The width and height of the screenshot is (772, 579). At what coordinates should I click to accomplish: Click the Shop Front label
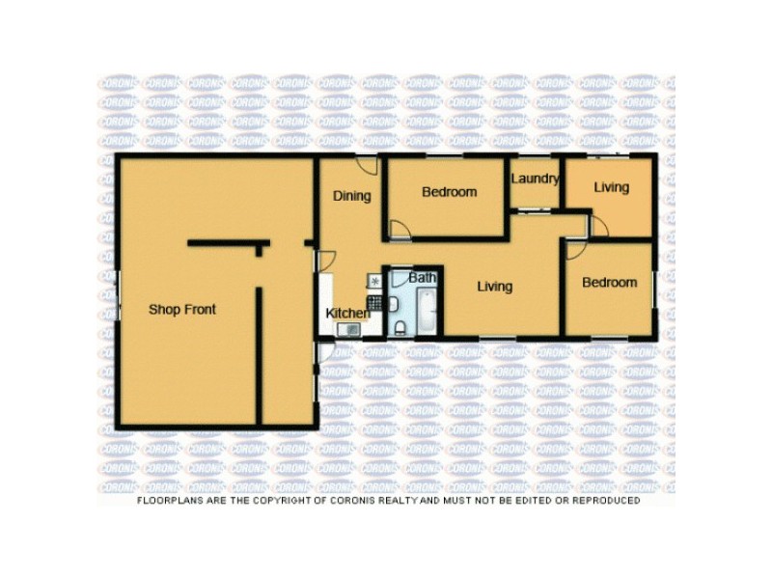(x=181, y=310)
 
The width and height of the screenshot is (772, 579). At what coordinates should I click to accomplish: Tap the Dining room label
(x=351, y=196)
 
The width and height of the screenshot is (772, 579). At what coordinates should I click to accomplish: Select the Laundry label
(x=535, y=179)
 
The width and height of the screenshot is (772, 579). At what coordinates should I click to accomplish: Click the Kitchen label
(x=347, y=313)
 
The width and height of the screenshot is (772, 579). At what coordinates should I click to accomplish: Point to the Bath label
(x=422, y=278)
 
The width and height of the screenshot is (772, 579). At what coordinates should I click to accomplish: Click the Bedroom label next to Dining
(x=449, y=192)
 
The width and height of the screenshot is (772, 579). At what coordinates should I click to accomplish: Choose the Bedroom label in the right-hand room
(x=609, y=283)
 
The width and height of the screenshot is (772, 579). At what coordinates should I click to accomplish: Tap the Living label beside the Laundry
(x=611, y=187)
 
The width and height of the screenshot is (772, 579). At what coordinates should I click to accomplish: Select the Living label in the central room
(x=493, y=287)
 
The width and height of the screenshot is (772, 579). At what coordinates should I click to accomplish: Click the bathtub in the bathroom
(x=424, y=310)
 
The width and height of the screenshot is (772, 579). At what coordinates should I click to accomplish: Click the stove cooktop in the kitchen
(x=374, y=281)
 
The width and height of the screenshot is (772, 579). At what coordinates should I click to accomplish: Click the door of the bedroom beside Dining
(x=400, y=230)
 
